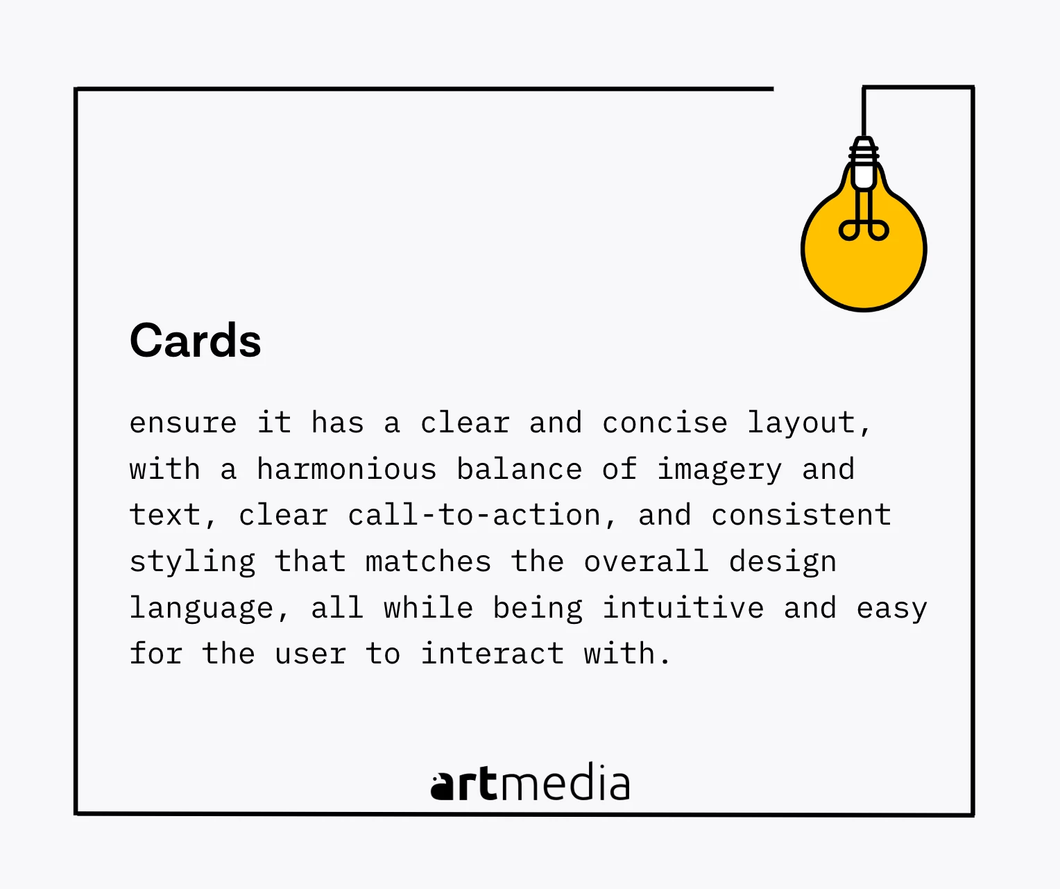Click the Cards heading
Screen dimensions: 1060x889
(x=196, y=340)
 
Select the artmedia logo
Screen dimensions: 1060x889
(x=530, y=783)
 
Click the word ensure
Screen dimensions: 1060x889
(x=183, y=423)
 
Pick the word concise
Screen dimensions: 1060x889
(x=665, y=423)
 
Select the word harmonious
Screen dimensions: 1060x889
(x=347, y=468)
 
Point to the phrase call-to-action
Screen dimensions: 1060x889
(x=475, y=515)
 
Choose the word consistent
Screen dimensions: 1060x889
(x=801, y=515)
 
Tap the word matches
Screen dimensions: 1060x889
(x=429, y=561)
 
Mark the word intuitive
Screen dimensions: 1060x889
(x=683, y=607)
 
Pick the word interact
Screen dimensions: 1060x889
(x=493, y=653)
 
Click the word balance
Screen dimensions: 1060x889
(x=519, y=468)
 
